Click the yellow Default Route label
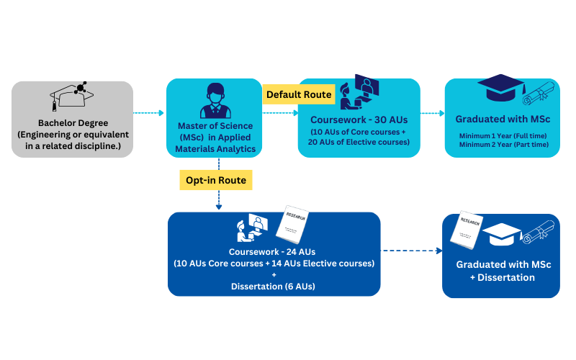[x=299, y=94]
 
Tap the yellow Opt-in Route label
[x=216, y=179]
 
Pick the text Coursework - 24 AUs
[x=274, y=252]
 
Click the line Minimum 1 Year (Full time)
[x=503, y=135]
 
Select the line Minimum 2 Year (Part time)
[x=503, y=145]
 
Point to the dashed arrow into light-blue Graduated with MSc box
[x=432, y=113]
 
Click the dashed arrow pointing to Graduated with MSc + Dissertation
[x=410, y=251]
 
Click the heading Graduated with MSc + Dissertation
[x=503, y=271]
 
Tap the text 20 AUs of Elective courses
[x=359, y=142]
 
